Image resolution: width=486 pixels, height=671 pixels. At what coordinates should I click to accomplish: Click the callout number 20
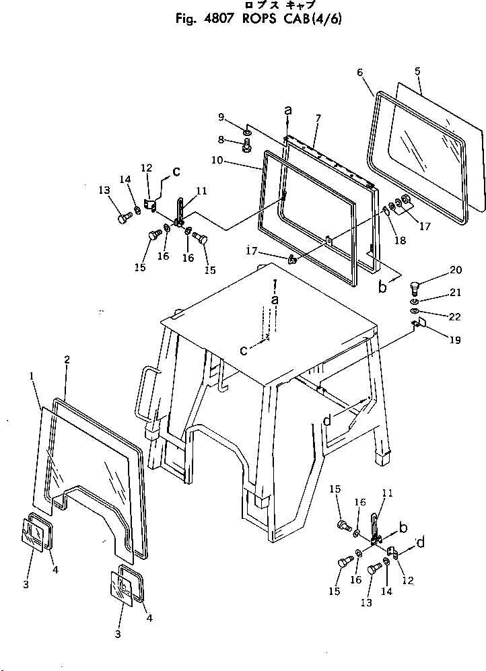pyautogui.click(x=456, y=271)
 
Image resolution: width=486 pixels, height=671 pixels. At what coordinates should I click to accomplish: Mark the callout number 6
pyautogui.click(x=317, y=118)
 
